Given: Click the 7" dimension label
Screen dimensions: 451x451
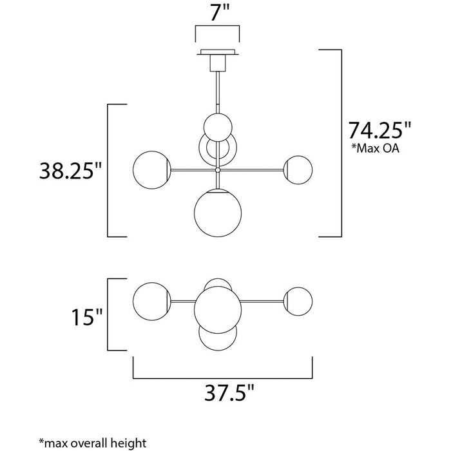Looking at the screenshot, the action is tap(220, 13).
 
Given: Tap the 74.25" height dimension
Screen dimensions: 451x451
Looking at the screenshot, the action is tap(379, 130).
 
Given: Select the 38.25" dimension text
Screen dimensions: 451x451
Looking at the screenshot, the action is tap(71, 171).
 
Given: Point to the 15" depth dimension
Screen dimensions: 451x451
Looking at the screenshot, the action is tap(87, 317).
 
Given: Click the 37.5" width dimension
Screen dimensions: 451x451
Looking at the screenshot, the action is tap(229, 392).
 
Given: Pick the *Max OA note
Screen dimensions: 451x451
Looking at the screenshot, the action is tap(376, 148).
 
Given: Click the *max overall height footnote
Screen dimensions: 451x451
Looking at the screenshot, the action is tap(93, 443).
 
